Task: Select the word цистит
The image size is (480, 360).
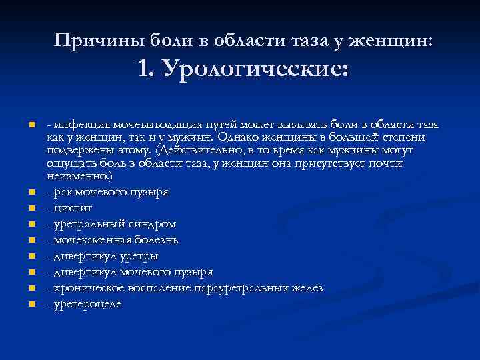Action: pyautogui.click(x=71, y=208)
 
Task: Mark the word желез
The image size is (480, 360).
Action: pyautogui.click(x=309, y=288)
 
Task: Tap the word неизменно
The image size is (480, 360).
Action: pyautogui.click(x=78, y=176)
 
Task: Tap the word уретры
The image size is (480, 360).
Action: pyautogui.click(x=140, y=256)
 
